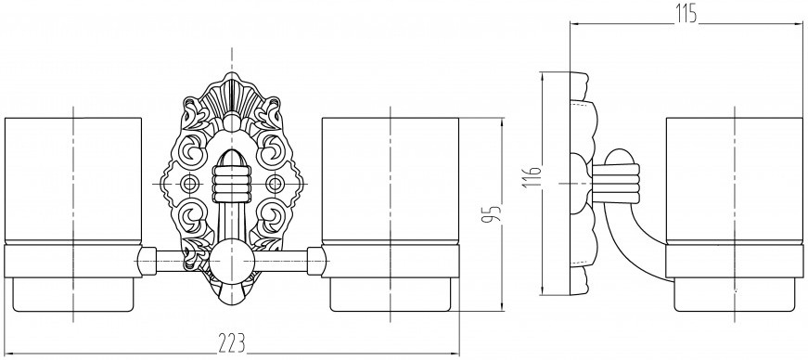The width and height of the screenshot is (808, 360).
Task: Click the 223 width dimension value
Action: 231,342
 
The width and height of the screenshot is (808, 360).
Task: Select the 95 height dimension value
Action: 491,214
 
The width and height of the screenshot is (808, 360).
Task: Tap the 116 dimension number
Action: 532,177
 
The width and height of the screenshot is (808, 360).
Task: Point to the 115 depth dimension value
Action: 686,13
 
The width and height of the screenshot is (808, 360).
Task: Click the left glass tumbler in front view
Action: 73,181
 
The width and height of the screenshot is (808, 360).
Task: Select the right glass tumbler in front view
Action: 391,181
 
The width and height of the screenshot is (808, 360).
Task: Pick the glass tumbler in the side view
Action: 735,181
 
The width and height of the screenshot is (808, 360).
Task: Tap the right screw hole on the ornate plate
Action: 275,183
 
